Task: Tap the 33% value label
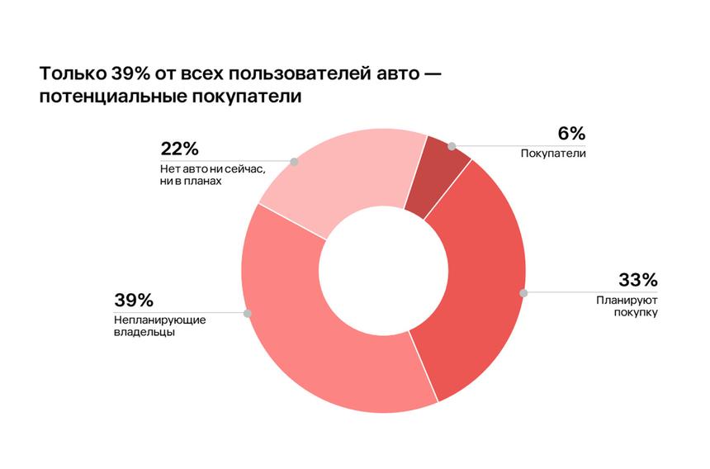tap(638, 280)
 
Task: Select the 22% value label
tap(180, 149)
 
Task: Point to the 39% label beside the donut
tap(134, 301)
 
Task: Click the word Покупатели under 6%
tap(553, 153)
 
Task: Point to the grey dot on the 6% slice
tap(452, 146)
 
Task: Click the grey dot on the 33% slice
tap(523, 292)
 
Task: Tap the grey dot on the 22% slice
tap(294, 162)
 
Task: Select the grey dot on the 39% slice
tap(247, 314)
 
